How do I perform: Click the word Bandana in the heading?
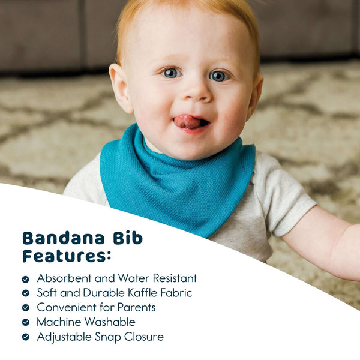[64, 238]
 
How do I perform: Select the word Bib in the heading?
[127, 238]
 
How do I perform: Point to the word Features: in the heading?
[67, 256]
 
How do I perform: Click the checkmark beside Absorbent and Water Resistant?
[25, 279]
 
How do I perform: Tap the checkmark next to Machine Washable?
[25, 322]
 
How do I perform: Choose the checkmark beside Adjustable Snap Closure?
[25, 337]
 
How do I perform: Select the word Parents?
[136, 307]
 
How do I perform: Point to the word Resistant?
[171, 278]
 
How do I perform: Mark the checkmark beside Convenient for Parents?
[25, 308]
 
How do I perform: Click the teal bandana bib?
[180, 180]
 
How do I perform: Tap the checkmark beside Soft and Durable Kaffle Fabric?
[25, 293]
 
